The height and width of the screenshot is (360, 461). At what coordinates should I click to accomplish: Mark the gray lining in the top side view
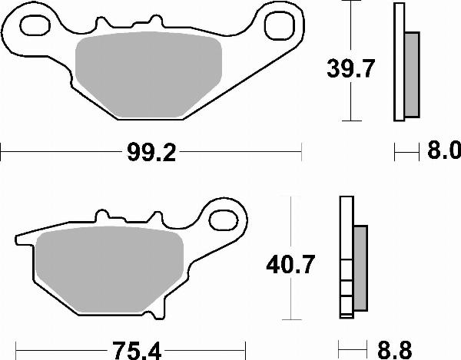pos(412,74)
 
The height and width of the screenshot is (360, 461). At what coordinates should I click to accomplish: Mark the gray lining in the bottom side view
pos(360,269)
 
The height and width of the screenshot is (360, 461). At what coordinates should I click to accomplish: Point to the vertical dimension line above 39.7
pos(350,27)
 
